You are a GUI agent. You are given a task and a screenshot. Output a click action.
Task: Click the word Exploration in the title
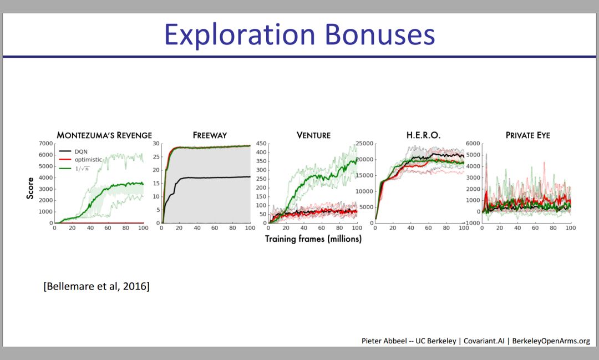coord(240,35)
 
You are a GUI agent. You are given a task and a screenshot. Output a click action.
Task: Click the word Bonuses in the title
coord(380,34)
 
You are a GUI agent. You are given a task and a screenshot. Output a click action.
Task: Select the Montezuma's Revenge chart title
coord(104,135)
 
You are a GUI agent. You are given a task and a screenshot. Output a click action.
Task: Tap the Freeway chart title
coord(210,135)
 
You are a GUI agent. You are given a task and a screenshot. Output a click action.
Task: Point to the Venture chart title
coord(313,135)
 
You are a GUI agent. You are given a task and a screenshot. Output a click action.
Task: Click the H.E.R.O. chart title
coord(423,135)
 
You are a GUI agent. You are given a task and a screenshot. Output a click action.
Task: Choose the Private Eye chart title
coord(528,135)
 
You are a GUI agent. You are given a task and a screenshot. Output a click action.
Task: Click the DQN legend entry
coord(73,151)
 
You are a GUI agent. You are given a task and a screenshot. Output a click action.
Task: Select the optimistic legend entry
coord(80,159)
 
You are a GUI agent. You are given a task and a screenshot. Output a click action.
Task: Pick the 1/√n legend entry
coord(74,168)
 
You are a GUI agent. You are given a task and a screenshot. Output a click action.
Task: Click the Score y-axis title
coord(30,188)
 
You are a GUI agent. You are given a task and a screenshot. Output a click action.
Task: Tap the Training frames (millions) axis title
coord(313,239)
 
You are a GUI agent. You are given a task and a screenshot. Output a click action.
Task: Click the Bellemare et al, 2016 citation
coord(97,286)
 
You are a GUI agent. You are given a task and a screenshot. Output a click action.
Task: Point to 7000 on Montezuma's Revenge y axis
coord(45,143)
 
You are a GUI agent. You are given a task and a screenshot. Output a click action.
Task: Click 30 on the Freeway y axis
coord(156,143)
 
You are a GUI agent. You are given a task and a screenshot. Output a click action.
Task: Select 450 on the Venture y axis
coord(261,143)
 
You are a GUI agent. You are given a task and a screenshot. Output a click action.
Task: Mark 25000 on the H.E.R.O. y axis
coord(364,143)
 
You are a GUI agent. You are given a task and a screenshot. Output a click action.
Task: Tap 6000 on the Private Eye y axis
coord(473,143)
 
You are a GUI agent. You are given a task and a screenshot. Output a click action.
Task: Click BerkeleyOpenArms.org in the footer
coord(551,341)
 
